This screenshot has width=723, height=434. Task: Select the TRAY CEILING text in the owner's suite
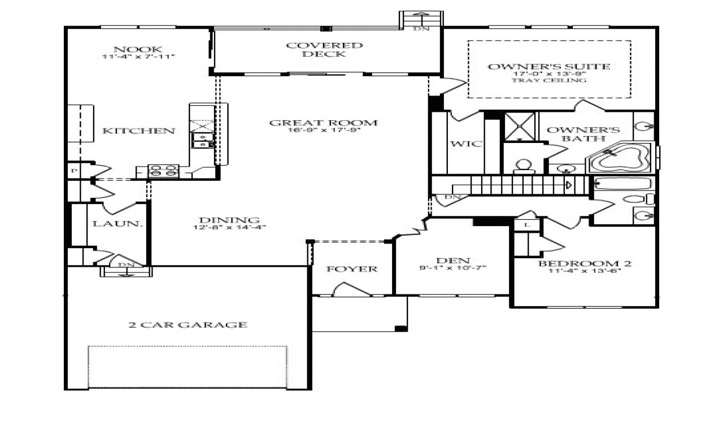click(x=548, y=80)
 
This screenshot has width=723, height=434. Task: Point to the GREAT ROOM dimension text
click(x=323, y=130)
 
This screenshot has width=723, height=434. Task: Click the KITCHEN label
click(x=138, y=131)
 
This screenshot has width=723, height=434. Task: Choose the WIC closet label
click(x=466, y=144)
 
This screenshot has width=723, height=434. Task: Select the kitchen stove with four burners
click(x=163, y=171)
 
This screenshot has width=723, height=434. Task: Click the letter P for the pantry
click(x=73, y=170)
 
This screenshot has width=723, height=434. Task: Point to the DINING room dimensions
click(x=229, y=227)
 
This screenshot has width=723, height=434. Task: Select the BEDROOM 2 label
click(x=584, y=263)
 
